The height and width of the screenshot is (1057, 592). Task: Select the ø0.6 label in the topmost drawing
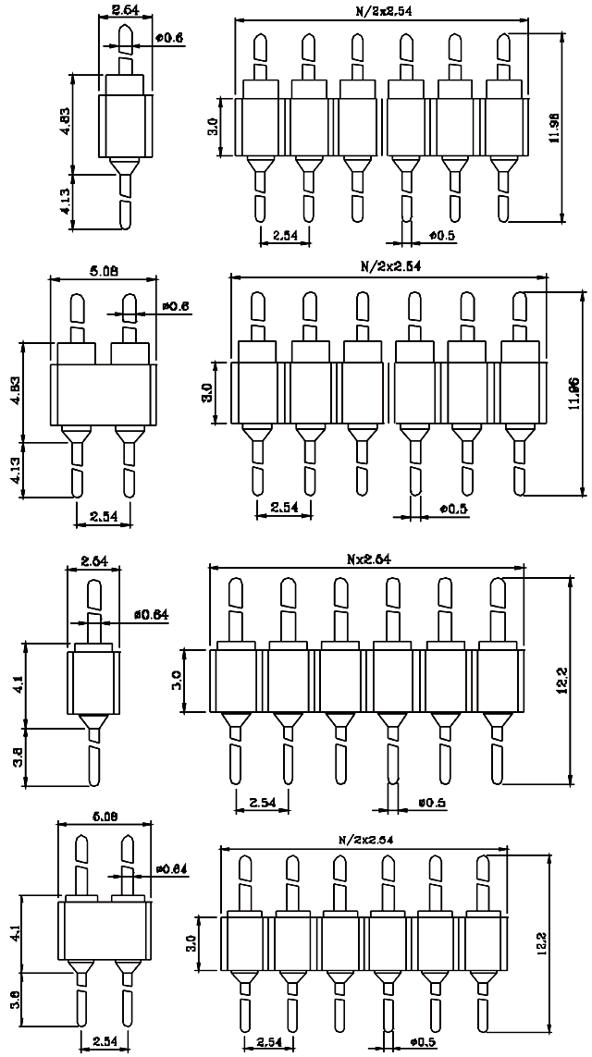(x=171, y=38)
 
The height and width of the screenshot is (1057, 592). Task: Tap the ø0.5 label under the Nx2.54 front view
(x=431, y=803)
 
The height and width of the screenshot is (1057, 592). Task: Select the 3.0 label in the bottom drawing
(x=204, y=944)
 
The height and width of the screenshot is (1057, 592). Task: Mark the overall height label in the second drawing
(x=574, y=391)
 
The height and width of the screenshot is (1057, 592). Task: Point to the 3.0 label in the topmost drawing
(x=213, y=123)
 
